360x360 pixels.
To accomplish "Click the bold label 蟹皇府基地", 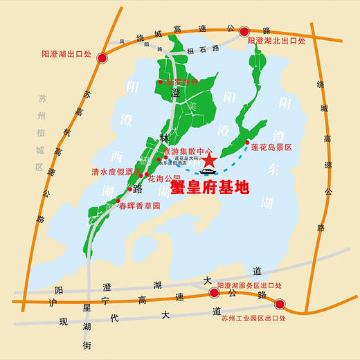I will pos(208,187).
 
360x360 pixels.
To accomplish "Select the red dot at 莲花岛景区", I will pos(247,143).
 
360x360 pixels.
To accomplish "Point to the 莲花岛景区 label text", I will pos(272,147).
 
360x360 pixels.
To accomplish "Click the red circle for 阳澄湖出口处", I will pos(102,60).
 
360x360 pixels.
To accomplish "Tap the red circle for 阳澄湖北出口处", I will pos(244,31).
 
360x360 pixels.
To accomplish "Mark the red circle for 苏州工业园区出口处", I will pos(280,303).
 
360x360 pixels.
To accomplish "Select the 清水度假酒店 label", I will pos(116,170).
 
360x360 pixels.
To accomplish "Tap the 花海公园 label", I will pos(165,179).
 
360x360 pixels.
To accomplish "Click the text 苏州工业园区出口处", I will pos(254,318).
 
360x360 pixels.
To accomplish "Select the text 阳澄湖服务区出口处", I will pos(250,285).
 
